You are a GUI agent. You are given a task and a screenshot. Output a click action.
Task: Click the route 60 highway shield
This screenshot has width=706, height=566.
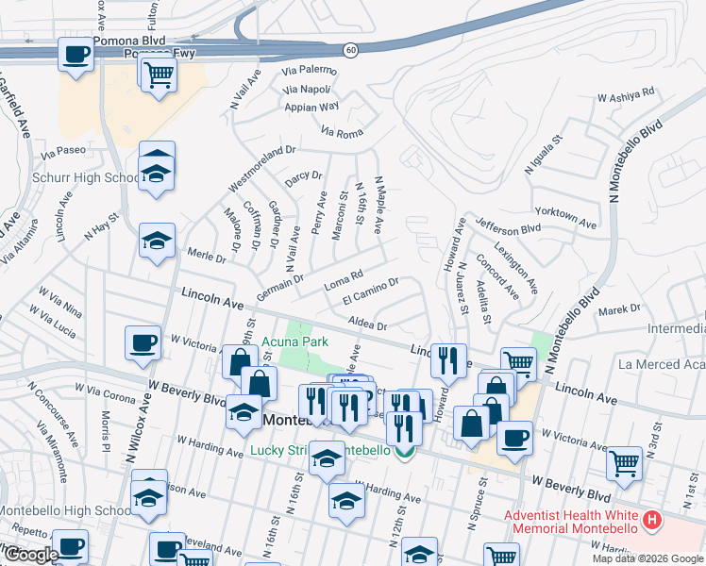(x=350, y=49)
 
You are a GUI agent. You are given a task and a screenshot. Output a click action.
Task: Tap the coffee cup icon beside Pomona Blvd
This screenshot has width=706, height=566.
(x=76, y=54)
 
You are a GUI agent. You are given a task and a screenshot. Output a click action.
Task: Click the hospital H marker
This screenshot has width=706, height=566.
(x=650, y=520)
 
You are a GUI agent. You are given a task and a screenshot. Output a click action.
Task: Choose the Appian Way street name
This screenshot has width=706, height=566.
(x=311, y=108)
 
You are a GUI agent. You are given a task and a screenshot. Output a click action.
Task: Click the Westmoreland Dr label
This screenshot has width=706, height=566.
(x=263, y=162)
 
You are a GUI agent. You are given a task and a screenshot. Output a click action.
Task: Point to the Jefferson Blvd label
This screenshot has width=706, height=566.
(x=509, y=227)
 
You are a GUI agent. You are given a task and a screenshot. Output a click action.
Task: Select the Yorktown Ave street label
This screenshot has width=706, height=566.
(x=565, y=219)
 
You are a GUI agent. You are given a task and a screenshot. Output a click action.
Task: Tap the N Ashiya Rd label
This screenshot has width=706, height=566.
(x=627, y=95)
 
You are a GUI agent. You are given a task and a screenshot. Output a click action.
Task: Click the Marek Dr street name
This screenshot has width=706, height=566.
(x=619, y=308)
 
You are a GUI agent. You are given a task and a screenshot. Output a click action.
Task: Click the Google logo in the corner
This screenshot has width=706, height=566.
(x=30, y=555)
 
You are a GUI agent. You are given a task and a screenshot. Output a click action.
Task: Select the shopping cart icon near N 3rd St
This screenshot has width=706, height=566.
(x=625, y=462)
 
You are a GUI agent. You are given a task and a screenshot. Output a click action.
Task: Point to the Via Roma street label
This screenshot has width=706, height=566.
(x=342, y=133)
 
